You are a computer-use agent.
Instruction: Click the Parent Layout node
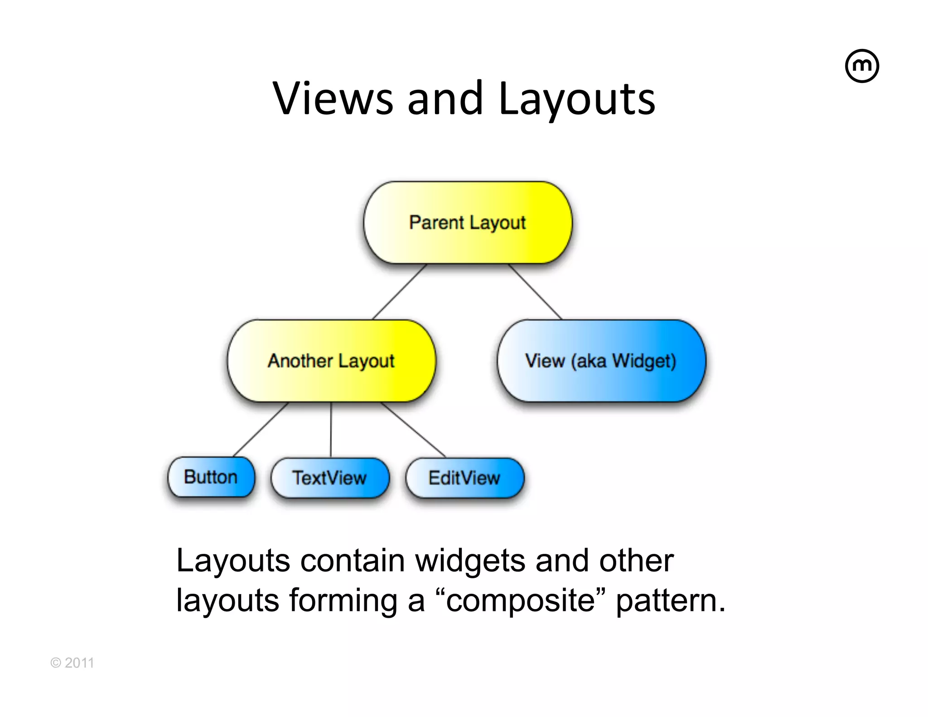[x=468, y=223]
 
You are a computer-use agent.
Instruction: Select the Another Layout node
[x=331, y=361]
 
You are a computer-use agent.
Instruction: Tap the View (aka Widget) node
[x=601, y=361]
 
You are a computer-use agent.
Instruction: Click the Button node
[x=211, y=477]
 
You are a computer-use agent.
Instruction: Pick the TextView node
[x=330, y=478]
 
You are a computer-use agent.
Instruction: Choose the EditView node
[x=465, y=478]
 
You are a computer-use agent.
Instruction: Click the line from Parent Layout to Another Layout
[x=399, y=292]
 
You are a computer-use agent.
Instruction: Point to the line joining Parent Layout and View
[x=535, y=292]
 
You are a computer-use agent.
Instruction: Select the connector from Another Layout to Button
[x=261, y=430]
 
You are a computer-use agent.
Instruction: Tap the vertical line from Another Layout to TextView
[x=331, y=430]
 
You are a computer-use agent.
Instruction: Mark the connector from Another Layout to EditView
[x=413, y=430]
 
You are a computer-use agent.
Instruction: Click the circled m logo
[x=862, y=66]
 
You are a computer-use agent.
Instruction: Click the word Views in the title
[x=333, y=99]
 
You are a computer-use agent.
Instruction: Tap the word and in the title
[x=445, y=99]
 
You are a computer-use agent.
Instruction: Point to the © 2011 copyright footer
[x=72, y=663]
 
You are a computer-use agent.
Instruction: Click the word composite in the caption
[x=521, y=601]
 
